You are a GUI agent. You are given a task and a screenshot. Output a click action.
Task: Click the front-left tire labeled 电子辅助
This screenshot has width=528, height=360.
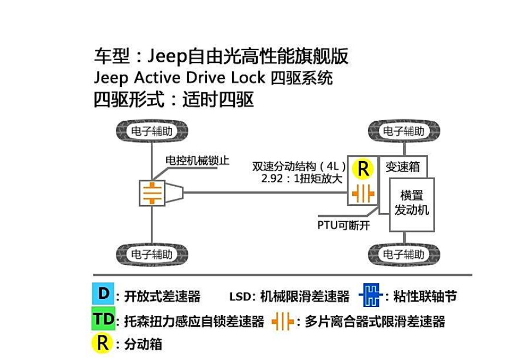coord(152,131)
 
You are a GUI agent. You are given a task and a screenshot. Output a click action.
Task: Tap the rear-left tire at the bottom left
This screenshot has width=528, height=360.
coord(152,255)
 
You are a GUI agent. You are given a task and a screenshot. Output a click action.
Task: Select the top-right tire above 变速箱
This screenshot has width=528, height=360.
coord(404,131)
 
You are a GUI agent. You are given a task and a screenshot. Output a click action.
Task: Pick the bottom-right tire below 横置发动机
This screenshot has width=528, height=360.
coord(404,255)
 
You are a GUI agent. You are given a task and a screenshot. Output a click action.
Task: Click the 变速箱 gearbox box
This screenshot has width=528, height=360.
coord(403,167)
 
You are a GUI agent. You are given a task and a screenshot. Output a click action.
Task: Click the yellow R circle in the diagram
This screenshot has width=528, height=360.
coord(363,169)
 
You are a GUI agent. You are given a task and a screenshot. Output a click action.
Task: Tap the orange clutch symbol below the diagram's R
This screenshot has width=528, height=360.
coord(363,194)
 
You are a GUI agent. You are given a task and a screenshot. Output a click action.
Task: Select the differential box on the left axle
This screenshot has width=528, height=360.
coord(151,193)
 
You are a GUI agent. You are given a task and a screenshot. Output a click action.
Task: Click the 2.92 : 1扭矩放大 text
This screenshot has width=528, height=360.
coord(302,178)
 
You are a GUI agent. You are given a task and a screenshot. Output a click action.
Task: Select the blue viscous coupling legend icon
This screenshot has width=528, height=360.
coord(370,296)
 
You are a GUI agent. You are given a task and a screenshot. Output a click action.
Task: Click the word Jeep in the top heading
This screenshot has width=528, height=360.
coord(167,56)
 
